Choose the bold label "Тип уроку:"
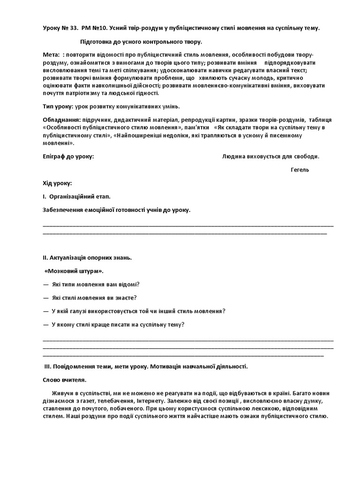tap(58, 107)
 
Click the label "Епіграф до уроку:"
tap(68, 157)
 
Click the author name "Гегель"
tap(300, 170)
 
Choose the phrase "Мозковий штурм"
tap(74, 271)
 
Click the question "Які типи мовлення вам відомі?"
tap(96, 285)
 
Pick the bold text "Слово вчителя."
tap(64, 380)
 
